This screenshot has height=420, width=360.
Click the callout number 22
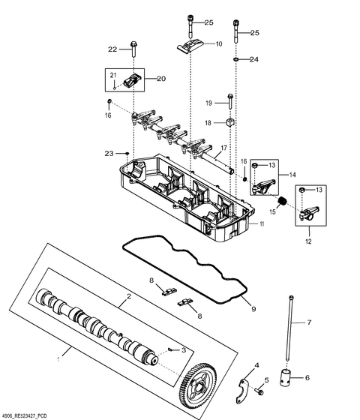(113, 49)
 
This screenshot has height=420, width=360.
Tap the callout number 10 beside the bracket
(219, 44)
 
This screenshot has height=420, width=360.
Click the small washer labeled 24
(235, 58)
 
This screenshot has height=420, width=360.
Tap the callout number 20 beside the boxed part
(160, 78)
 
